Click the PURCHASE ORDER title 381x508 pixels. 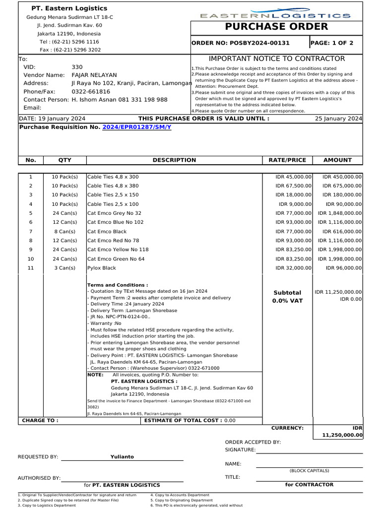(x=276, y=27)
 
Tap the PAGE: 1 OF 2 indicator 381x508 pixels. (x=332, y=43)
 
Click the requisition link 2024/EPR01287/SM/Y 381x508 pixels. (x=136, y=127)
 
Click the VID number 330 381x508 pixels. (x=77, y=67)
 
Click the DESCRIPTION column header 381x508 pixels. (x=174, y=160)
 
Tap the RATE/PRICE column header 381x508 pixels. (x=287, y=160)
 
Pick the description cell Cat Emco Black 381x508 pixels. (x=107, y=232)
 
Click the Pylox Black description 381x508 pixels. (x=102, y=268)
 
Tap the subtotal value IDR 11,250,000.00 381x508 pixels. (x=338, y=292)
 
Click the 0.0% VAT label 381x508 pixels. (x=287, y=301)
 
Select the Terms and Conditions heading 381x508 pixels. (x=118, y=285)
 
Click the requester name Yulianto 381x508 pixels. (x=122, y=457)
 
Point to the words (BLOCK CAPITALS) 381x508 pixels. (x=309, y=471)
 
